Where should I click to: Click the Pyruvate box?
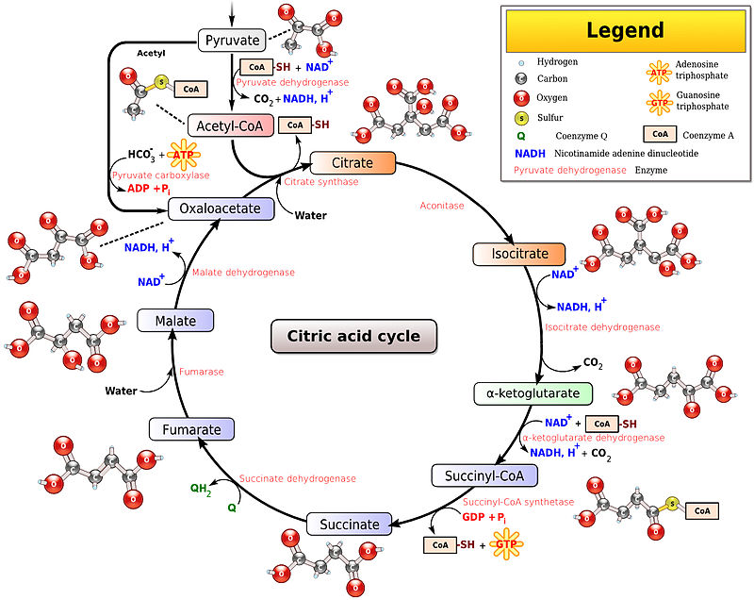click(231, 40)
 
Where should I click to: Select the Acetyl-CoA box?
click(230, 125)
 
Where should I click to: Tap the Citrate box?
click(341, 163)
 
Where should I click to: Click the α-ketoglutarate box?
click(533, 392)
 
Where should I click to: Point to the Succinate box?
click(349, 525)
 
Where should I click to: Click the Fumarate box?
click(191, 430)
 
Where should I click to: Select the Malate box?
click(174, 321)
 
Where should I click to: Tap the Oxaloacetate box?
click(221, 208)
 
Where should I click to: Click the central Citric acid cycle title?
click(353, 336)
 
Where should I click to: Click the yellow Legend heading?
click(625, 30)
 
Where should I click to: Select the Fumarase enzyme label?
click(202, 372)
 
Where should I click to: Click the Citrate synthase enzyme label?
click(321, 181)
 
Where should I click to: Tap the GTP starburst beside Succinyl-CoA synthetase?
click(507, 544)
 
